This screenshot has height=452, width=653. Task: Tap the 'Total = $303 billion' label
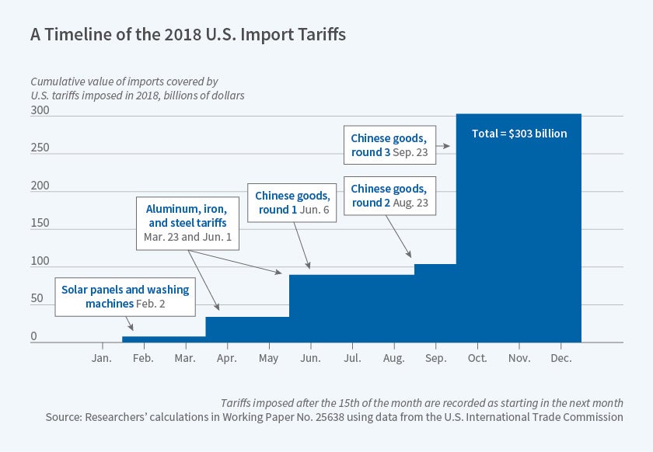519,134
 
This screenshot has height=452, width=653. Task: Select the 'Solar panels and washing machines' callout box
125,296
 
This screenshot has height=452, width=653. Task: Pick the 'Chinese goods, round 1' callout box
293,201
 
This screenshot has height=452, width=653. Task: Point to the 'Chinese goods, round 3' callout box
390,145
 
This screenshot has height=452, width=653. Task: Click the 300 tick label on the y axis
40,111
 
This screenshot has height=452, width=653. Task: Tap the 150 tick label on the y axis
40,224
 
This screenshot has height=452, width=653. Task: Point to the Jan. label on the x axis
102,358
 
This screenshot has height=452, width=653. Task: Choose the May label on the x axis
268,358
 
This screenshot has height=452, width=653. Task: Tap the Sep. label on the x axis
435,358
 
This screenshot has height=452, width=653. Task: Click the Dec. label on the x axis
560,358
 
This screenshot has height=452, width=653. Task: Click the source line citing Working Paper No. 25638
334,417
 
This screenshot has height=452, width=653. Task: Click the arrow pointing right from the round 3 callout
445,145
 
